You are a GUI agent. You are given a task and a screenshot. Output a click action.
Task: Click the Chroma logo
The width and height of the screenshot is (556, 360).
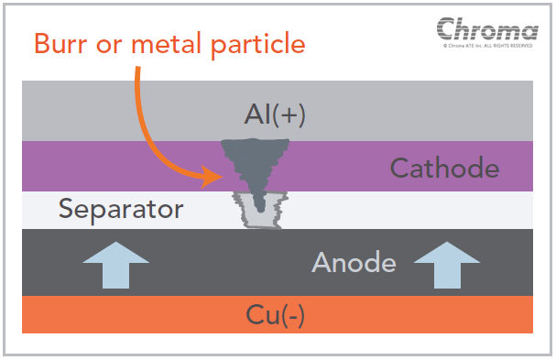[x=487, y=28]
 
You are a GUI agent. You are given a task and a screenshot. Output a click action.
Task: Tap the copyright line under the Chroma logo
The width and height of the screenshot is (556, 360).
[x=488, y=46]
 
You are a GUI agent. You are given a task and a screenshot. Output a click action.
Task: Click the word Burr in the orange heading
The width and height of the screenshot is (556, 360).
[x=60, y=44]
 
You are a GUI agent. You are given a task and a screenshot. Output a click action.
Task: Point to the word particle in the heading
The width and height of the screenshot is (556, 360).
[x=257, y=45]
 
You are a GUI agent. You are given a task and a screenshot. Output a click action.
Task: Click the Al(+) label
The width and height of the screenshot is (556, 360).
[x=275, y=115]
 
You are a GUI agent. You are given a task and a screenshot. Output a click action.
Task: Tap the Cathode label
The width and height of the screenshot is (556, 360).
[x=444, y=168]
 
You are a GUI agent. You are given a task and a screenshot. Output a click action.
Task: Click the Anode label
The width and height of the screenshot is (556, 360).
[x=354, y=262]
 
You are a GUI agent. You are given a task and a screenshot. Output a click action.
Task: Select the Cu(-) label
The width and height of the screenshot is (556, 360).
[x=275, y=315]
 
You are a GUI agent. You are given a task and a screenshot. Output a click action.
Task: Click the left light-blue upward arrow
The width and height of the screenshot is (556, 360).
[x=116, y=265]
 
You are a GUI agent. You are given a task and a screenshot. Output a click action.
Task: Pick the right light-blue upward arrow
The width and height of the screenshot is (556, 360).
[x=447, y=265]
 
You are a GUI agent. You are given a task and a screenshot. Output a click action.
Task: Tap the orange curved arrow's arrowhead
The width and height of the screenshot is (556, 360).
[x=212, y=176]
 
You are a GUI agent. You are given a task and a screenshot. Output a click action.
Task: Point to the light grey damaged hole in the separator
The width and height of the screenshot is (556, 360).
[x=259, y=210]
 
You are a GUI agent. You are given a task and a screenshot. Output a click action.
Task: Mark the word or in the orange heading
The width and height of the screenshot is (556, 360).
[x=109, y=46]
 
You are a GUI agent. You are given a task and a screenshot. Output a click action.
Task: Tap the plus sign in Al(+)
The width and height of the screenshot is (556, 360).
[x=284, y=115]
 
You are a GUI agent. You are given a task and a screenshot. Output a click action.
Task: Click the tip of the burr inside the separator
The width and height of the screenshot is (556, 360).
[x=261, y=211]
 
